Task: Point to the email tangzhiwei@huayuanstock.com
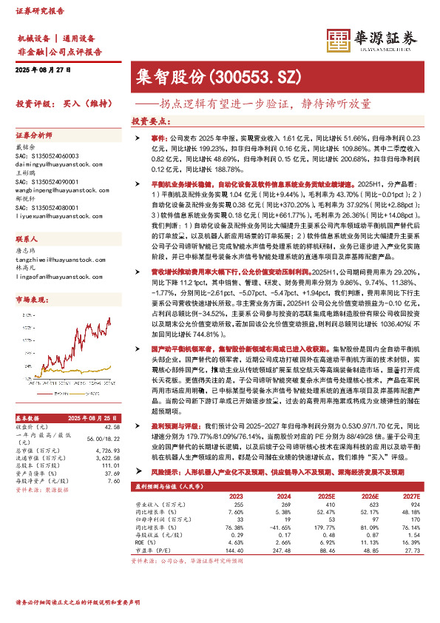pyautogui.click(x=55, y=279)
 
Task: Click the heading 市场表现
pyautogui.click(x=30, y=299)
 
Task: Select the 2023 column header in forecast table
pyautogui.click(x=237, y=497)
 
